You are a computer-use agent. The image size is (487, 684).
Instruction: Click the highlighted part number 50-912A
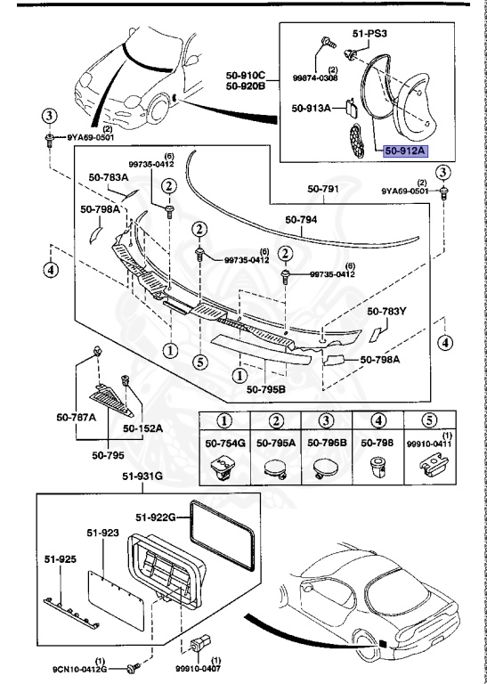click(406, 151)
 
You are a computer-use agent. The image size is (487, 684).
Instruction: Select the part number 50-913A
click(311, 108)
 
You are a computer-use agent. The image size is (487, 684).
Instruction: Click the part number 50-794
click(301, 219)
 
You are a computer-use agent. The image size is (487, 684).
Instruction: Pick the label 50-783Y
click(386, 312)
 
